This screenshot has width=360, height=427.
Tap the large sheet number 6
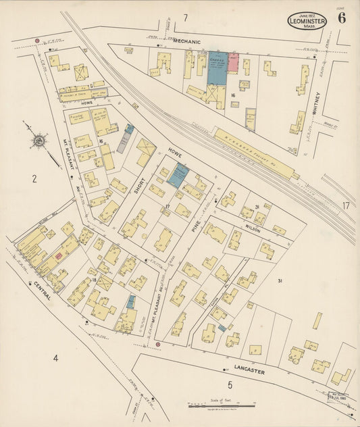coord(342,18)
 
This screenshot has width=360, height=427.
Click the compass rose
coord(39,141)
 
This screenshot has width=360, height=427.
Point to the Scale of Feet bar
coord(222,406)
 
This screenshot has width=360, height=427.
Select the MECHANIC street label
coord(187,42)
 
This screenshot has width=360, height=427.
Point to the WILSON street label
coord(253,228)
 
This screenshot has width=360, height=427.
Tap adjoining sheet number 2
coord(33,179)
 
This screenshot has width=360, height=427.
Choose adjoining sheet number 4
coord(55,357)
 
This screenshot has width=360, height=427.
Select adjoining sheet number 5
coord(230,385)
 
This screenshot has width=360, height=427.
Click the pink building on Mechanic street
coord(233,63)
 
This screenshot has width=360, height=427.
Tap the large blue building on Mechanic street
coord(217,68)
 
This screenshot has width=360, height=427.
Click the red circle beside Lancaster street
coord(157,345)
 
